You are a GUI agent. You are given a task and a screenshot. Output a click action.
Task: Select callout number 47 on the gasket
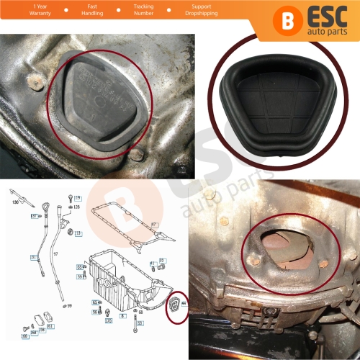(x=153, y=225)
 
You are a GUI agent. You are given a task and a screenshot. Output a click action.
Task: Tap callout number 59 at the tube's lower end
(x=69, y=306)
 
